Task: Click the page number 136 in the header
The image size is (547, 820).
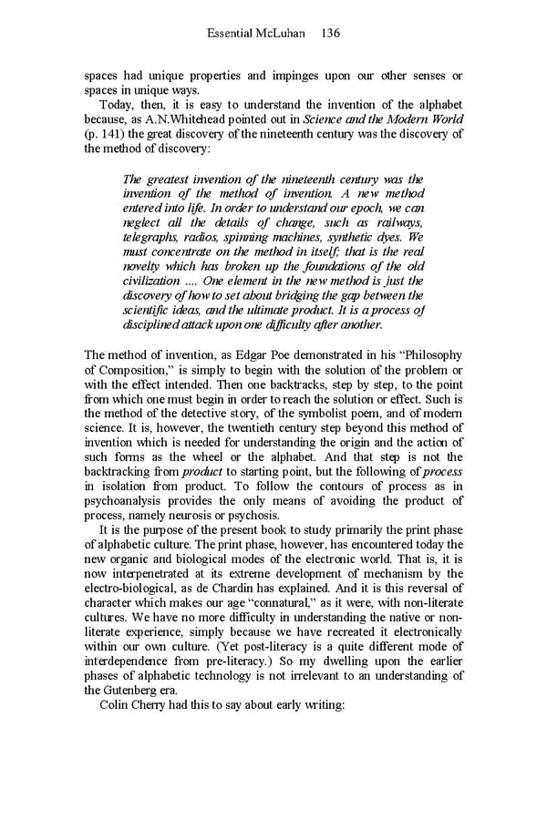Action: click(x=330, y=34)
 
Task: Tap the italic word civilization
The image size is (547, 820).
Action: click(x=150, y=282)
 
